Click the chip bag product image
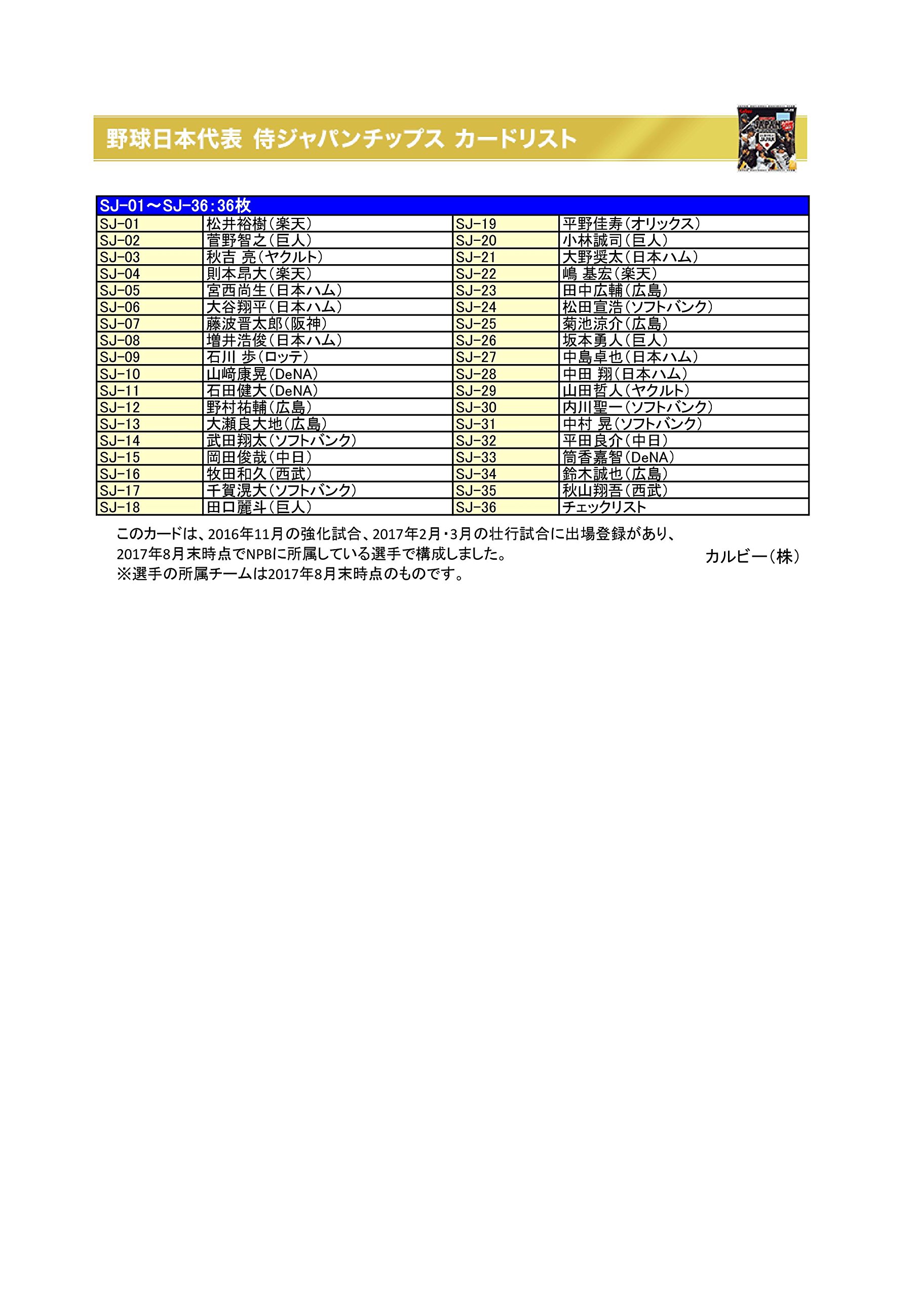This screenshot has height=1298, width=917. click(x=767, y=138)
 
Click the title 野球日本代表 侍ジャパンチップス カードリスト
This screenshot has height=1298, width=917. click(x=342, y=139)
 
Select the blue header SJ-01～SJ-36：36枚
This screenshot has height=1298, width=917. click(x=175, y=205)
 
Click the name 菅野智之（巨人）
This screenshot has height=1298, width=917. click(x=259, y=240)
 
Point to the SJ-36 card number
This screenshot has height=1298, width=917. click(x=476, y=507)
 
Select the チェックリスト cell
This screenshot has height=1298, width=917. click(x=604, y=507)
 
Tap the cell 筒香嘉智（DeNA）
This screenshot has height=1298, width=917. click(x=618, y=457)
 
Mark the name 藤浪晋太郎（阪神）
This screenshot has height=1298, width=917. click(x=266, y=324)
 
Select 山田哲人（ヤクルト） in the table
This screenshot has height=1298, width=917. click(x=626, y=390)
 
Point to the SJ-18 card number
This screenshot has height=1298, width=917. click(x=120, y=507)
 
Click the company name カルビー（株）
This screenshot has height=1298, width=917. click(x=752, y=557)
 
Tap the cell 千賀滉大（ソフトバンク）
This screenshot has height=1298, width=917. click(x=281, y=491)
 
